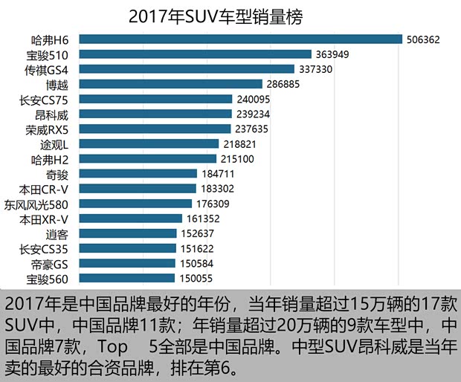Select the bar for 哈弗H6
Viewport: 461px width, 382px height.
click(x=240, y=39)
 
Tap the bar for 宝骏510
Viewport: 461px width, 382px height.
click(x=195, y=54)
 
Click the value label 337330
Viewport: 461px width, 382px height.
click(x=322, y=69)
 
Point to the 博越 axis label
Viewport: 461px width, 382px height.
click(x=56, y=84)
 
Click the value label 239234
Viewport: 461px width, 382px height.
click(x=251, y=114)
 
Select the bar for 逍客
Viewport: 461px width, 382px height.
click(x=128, y=233)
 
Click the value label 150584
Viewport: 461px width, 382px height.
click(x=197, y=263)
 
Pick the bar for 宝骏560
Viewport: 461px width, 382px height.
click(x=127, y=278)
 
